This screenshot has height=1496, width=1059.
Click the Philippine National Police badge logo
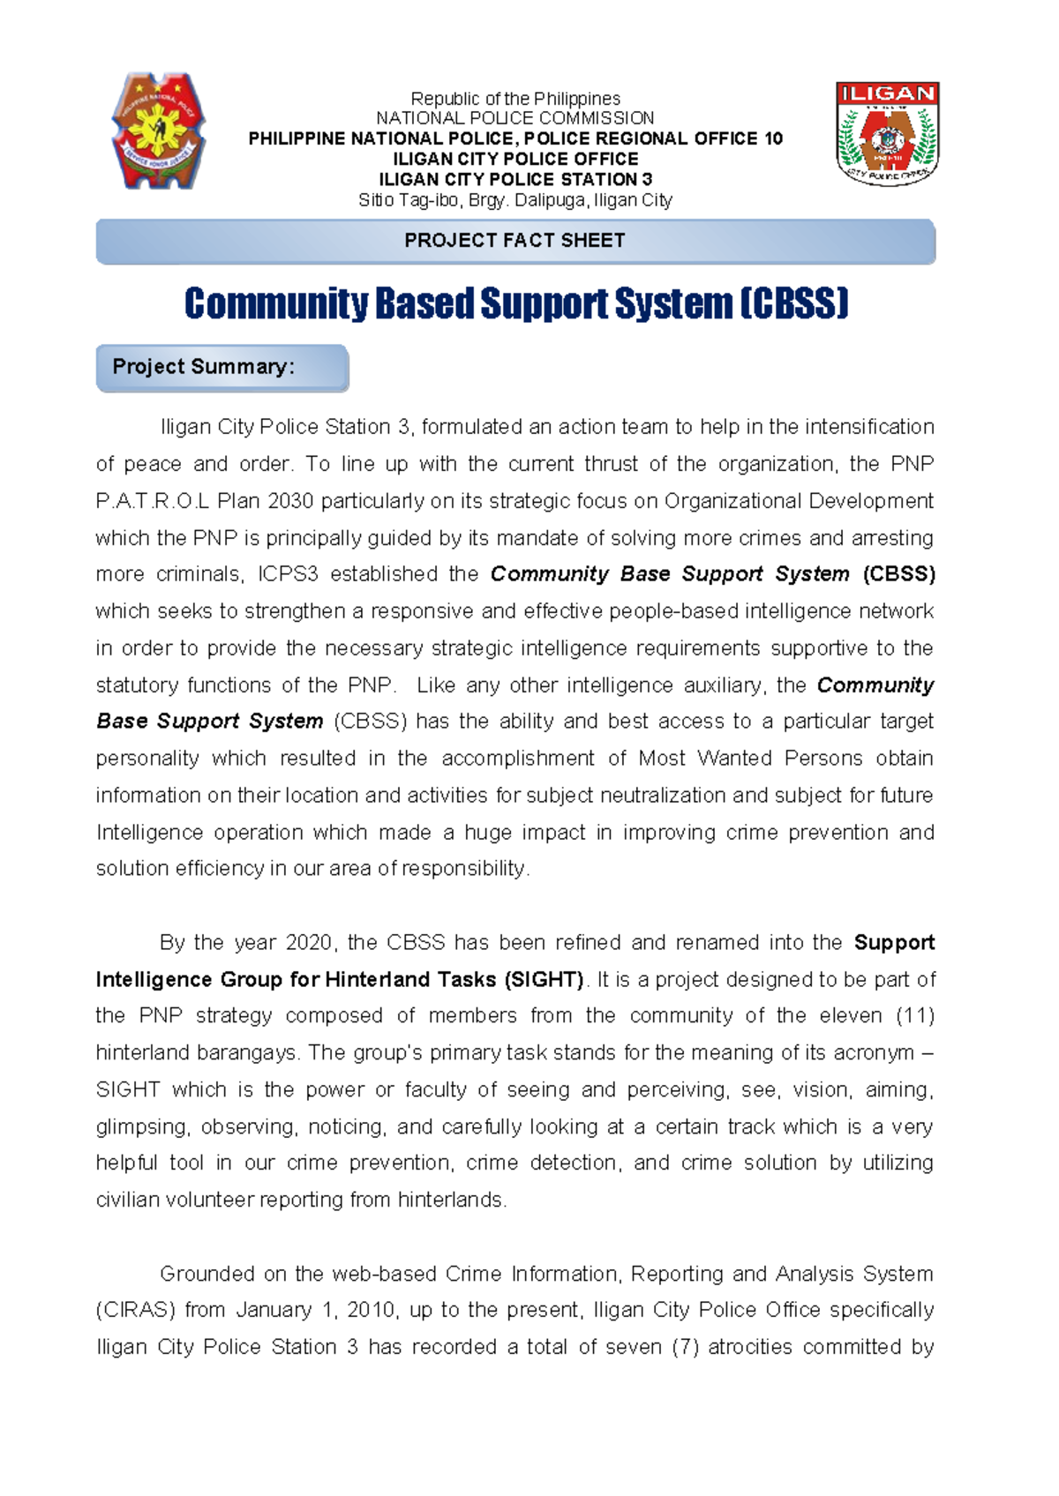click(159, 131)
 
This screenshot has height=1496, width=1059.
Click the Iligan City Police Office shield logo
click(887, 133)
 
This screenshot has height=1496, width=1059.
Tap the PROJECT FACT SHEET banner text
click(514, 241)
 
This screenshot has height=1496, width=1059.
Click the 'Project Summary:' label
click(204, 367)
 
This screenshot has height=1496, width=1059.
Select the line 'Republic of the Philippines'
click(515, 99)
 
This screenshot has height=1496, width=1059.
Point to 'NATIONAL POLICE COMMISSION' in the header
click(515, 118)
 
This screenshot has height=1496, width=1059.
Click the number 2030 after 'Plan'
click(290, 501)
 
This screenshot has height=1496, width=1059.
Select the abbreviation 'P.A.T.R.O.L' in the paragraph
click(152, 501)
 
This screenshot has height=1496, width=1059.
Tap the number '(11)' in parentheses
click(914, 1016)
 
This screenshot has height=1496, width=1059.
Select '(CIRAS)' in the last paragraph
click(135, 1310)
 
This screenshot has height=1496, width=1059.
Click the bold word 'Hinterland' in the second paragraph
click(380, 980)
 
